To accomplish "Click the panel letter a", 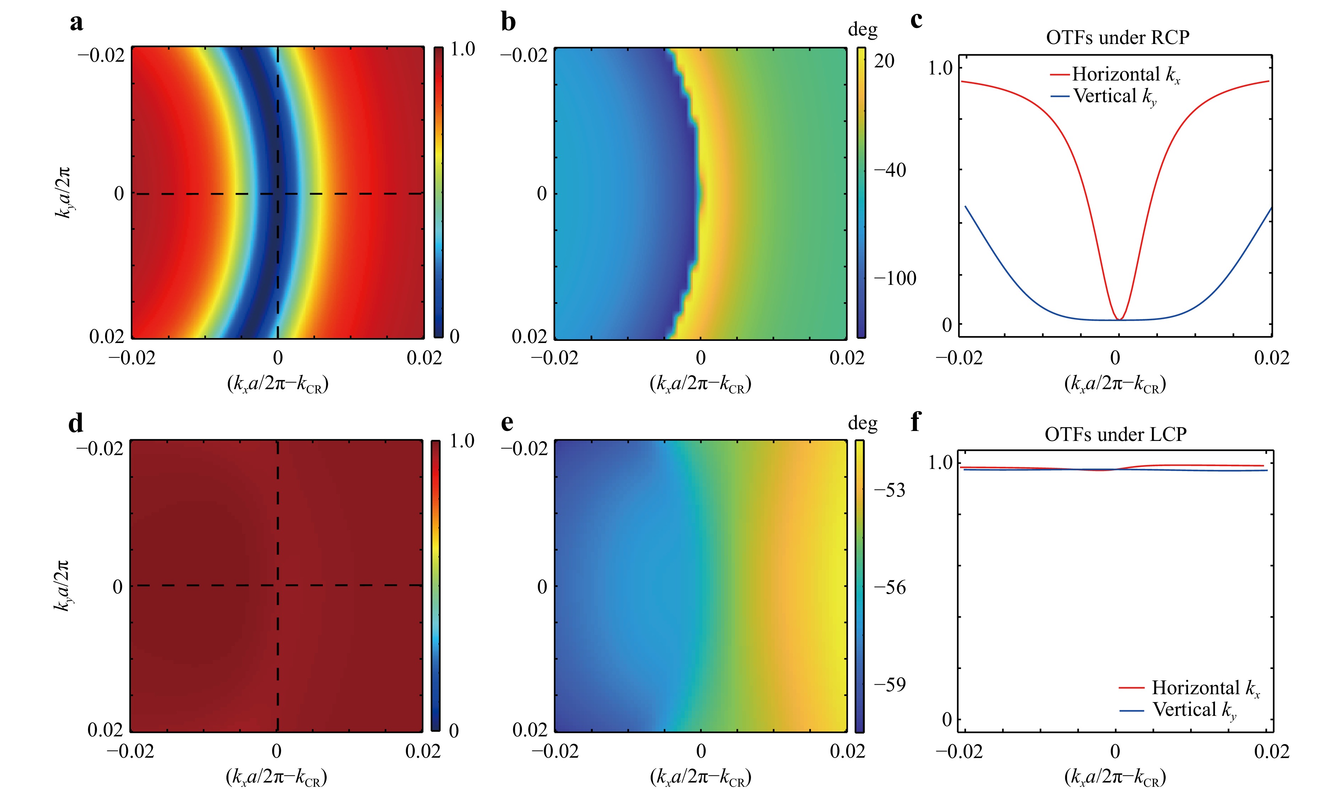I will [77, 23].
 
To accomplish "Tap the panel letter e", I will [507, 423].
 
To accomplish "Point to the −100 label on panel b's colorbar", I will [895, 278].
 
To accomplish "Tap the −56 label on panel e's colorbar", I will [889, 587].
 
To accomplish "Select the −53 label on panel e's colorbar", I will [889, 490].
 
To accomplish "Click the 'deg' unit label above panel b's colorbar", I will [862, 30].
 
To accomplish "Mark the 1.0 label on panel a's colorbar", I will [462, 49].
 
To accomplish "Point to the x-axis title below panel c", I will [1115, 384].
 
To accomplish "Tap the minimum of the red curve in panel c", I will [1119, 319].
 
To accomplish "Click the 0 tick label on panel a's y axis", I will [119, 194].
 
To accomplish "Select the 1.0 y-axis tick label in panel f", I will [940, 462].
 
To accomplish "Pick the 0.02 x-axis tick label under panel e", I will [847, 751].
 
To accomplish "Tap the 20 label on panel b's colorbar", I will [884, 61].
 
